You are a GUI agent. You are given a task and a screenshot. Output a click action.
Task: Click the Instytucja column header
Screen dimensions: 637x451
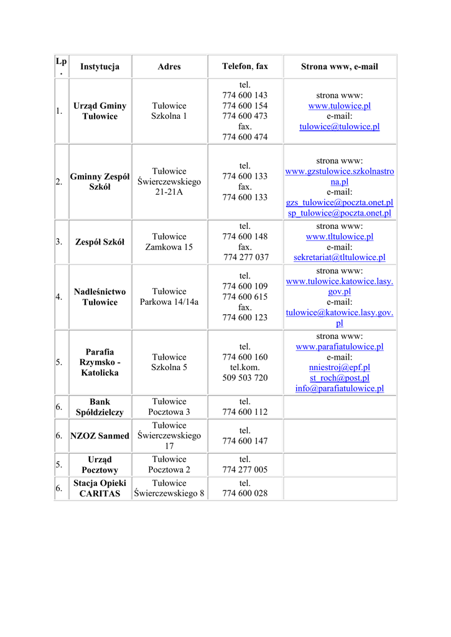pos(100,67)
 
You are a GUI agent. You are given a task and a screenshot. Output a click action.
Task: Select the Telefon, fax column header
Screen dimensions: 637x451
pos(245,67)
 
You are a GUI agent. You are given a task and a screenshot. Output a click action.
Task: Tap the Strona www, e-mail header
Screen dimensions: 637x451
pos(339,67)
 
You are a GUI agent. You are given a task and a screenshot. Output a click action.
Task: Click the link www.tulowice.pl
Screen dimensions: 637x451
pos(339,106)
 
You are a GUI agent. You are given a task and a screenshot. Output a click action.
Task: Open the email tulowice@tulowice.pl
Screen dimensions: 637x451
pos(339,126)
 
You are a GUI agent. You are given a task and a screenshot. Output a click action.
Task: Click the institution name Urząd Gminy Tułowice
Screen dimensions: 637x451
pos(100,111)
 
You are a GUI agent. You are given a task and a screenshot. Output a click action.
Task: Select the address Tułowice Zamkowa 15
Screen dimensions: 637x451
pos(169,242)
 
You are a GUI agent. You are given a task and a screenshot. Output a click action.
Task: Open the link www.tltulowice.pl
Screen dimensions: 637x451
pos(339,236)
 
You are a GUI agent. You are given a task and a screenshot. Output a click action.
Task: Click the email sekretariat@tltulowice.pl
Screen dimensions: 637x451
pos(339,257)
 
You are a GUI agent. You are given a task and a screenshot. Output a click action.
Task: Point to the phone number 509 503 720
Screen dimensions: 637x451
pos(245,378)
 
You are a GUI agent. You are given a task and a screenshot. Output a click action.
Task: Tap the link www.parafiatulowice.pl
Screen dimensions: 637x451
pos(339,346)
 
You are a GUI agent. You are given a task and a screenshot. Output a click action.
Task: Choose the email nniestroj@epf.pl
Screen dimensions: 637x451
pos(339,367)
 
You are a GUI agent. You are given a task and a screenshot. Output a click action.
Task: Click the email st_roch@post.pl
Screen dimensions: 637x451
pos(339,378)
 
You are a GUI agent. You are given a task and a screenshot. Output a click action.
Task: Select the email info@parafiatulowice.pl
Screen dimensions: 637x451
pos(339,388)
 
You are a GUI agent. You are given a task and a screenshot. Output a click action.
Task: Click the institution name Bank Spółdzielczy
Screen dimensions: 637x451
pos(100,407)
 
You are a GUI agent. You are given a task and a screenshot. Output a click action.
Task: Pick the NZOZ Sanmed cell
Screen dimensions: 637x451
pos(100,436)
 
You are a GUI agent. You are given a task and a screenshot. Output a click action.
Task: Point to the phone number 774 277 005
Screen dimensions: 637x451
pos(245,470)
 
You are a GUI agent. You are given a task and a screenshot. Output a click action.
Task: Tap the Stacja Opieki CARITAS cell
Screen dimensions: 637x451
pos(100,488)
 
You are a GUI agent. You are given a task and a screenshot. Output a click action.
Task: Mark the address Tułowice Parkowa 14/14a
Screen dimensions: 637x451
pos(169,297)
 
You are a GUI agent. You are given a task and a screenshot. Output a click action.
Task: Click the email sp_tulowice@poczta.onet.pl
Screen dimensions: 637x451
pos(339,213)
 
